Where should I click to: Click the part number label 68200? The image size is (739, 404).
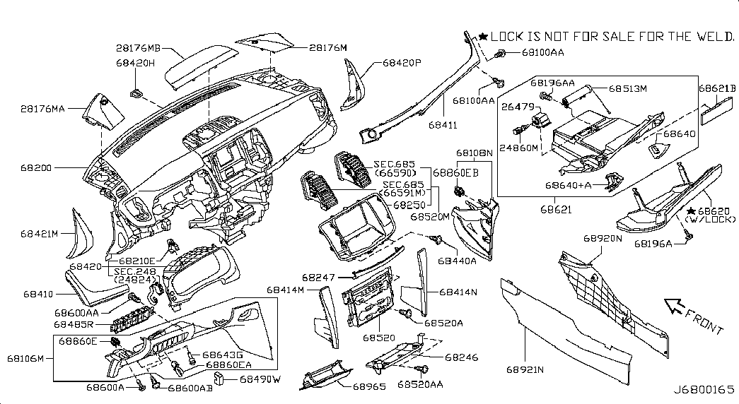point(37,170)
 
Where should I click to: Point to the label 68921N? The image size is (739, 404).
point(525,369)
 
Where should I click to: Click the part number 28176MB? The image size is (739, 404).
point(139,49)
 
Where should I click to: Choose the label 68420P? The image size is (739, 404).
point(402,63)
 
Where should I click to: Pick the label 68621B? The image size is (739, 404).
point(717,88)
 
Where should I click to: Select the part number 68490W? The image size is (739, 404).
point(260,379)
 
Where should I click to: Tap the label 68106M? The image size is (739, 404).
point(25,359)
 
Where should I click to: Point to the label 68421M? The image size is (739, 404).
point(40,232)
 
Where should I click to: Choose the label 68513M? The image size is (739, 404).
point(628,89)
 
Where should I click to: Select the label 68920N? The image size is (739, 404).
point(602,239)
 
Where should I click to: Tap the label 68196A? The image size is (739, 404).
point(652,244)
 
